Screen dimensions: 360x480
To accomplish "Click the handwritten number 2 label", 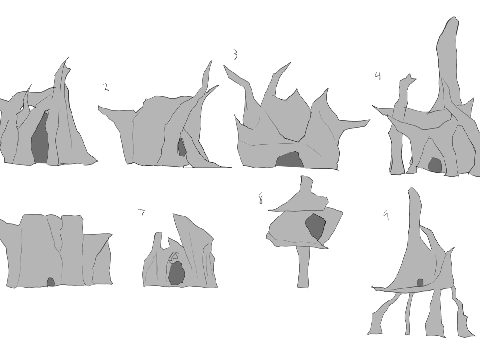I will point(106,87).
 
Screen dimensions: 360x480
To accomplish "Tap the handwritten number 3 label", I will point(235,55).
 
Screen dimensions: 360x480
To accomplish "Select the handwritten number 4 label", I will point(378,75).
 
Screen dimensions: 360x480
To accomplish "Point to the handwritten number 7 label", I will point(142,213).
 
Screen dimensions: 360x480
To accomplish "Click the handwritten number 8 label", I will point(261,198).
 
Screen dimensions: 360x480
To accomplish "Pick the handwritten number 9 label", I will point(385,216).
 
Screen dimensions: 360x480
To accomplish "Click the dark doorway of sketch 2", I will point(181,147).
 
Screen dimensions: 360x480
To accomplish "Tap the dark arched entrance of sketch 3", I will point(289,160).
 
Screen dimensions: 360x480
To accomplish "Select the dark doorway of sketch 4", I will point(435,165).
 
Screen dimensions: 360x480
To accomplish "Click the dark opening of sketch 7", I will point(177,273).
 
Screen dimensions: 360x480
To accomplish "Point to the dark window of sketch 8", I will point(315,226).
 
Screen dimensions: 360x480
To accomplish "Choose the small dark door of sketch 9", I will point(420,283).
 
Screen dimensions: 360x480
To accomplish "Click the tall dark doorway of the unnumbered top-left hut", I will point(41,139).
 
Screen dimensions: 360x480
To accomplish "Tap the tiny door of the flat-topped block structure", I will point(50,282).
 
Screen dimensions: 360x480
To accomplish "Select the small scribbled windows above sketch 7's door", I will point(174,257).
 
